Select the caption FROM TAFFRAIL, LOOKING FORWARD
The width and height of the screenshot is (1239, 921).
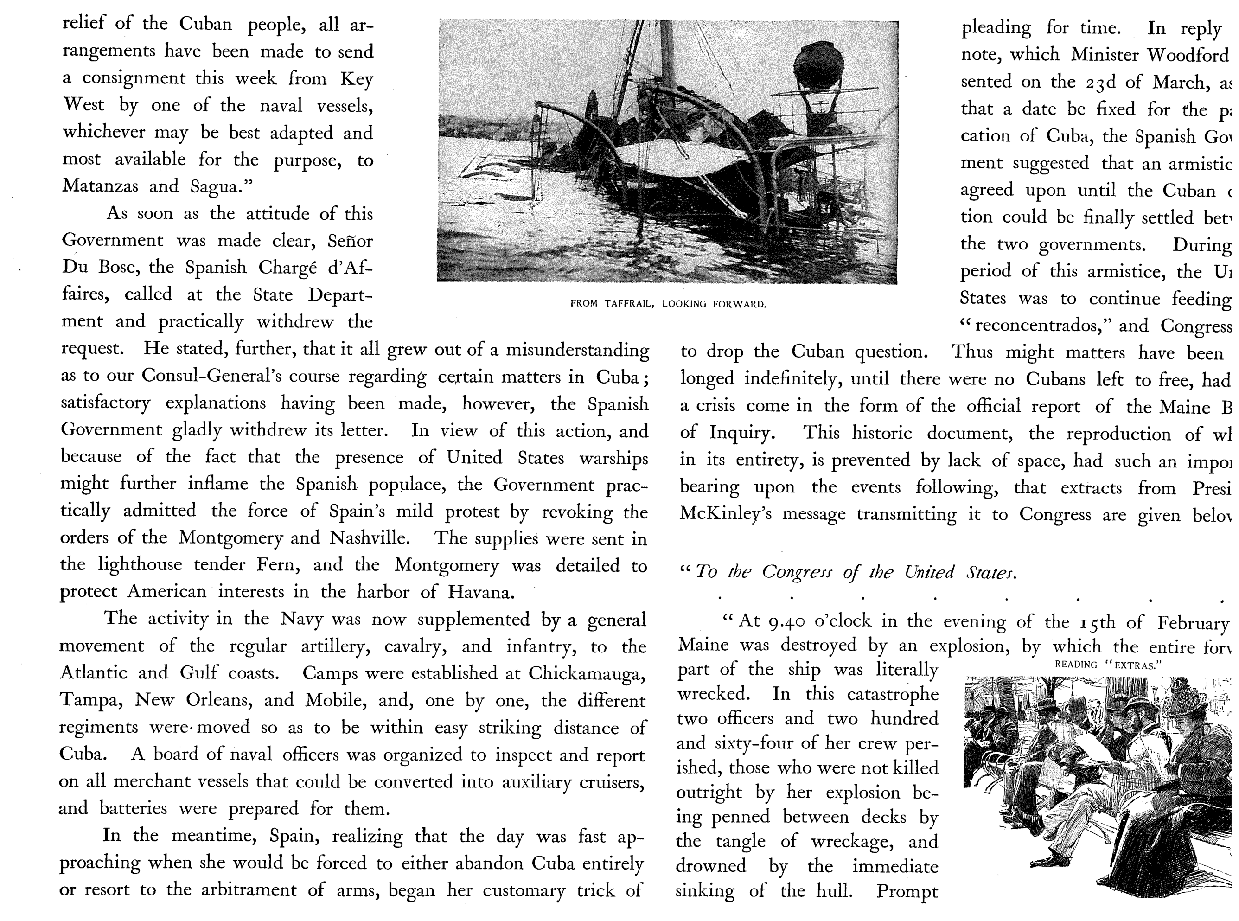click(x=668, y=304)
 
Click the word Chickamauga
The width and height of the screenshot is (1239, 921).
click(x=587, y=673)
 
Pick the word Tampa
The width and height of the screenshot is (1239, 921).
click(x=90, y=700)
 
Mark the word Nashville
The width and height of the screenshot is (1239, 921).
click(x=370, y=537)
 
